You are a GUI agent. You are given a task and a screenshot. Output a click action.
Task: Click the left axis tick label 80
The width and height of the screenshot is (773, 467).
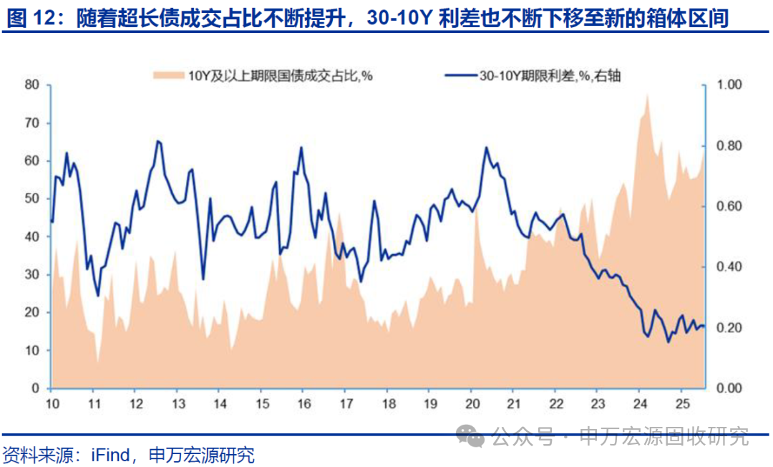[x=31, y=85]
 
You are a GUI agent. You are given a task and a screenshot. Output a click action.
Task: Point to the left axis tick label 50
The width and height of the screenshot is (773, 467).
[x=31, y=198]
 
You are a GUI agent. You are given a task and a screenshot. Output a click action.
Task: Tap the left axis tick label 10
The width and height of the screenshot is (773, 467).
[x=31, y=350]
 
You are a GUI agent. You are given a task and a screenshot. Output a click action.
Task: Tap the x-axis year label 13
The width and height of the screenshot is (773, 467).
[x=177, y=403]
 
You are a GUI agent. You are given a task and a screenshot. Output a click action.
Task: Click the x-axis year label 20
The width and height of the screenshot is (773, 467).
[x=471, y=403]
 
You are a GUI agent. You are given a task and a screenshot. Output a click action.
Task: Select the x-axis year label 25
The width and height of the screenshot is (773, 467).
[x=681, y=403]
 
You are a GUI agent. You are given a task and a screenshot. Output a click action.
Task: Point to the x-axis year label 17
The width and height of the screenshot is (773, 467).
[x=345, y=403]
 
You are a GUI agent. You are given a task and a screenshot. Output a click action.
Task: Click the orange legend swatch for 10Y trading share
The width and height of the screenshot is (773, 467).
[x=169, y=74]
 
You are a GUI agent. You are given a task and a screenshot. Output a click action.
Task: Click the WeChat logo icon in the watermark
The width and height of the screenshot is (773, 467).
[x=472, y=435]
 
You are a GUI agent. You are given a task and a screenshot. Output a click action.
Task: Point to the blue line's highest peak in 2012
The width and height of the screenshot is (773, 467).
[x=158, y=141]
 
